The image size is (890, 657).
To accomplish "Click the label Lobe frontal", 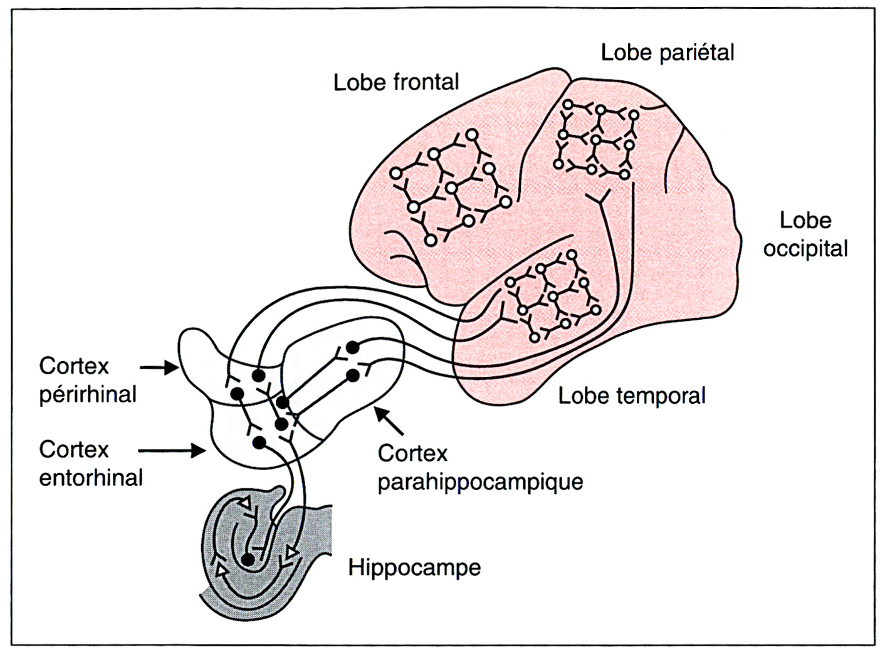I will [x=396, y=82].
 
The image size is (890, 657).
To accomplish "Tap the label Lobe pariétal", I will [x=667, y=52].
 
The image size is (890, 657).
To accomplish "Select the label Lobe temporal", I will [x=632, y=396].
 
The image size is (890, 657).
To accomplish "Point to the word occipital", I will [x=805, y=249].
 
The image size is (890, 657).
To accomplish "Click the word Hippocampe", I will [x=414, y=567].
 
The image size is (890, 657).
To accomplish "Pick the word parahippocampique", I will [x=480, y=481].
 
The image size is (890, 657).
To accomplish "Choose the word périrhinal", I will [x=88, y=394].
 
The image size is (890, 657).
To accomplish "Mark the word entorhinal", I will [x=91, y=478].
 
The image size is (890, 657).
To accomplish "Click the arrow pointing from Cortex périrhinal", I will [x=159, y=367].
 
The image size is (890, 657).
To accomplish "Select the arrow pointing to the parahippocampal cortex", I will [x=389, y=421].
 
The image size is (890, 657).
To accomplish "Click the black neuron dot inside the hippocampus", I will [x=248, y=560].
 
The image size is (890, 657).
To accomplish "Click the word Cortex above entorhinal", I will [x=74, y=449].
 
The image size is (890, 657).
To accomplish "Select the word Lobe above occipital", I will [x=805, y=221].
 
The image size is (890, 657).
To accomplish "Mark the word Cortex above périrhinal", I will [x=74, y=366].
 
